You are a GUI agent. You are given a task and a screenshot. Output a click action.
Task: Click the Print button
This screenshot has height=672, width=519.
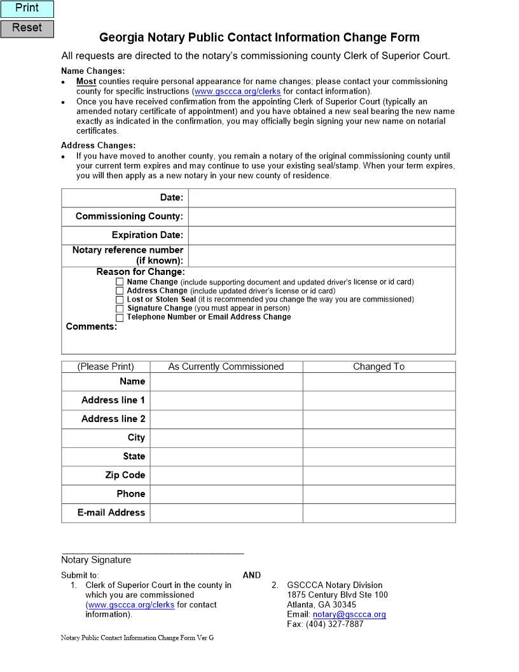(x=27, y=9)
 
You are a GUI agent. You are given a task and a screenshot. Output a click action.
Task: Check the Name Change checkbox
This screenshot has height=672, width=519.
(x=120, y=282)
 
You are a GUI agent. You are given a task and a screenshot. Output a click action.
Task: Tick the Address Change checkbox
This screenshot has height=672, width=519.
(x=120, y=291)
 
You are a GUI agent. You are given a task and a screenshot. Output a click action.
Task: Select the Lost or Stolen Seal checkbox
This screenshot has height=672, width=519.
(x=120, y=300)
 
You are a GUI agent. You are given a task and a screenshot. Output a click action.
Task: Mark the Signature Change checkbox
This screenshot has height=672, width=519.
(x=120, y=309)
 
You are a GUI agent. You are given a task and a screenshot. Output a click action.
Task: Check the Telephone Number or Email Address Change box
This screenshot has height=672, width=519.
(x=120, y=318)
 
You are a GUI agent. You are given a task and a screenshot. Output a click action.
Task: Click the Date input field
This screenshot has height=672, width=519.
(x=322, y=198)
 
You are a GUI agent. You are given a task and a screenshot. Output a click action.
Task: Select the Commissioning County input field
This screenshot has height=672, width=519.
(x=322, y=216)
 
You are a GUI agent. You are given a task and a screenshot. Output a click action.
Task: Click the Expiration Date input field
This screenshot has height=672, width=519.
(x=322, y=235)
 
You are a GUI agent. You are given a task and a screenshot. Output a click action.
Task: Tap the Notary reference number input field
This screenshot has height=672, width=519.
(x=322, y=256)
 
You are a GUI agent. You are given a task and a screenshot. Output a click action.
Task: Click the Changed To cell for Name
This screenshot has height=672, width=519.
(x=379, y=382)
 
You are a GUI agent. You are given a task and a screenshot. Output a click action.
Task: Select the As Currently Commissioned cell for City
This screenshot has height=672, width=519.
(x=226, y=438)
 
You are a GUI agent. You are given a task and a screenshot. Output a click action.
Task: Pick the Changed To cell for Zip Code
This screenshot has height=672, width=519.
(x=379, y=475)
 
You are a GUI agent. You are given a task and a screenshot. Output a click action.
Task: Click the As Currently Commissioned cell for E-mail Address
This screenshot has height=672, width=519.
(x=226, y=513)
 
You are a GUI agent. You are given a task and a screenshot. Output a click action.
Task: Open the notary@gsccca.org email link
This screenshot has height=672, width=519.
(x=349, y=615)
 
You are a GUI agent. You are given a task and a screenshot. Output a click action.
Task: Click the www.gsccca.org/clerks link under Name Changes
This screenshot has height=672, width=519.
(x=237, y=92)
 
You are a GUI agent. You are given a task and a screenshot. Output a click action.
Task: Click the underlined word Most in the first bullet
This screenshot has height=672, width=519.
(x=86, y=81)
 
